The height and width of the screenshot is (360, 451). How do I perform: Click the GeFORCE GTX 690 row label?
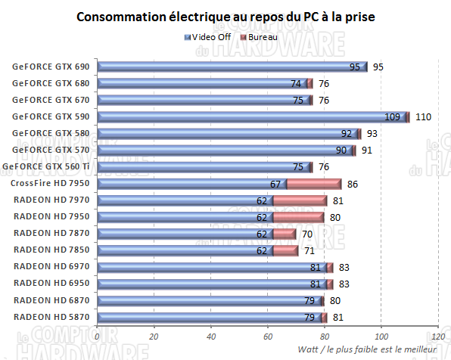click(x=50, y=67)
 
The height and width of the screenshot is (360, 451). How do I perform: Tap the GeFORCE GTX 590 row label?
click(x=50, y=116)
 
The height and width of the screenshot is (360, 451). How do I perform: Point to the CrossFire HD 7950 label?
click(x=50, y=183)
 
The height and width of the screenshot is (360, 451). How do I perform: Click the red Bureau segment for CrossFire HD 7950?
click(x=314, y=184)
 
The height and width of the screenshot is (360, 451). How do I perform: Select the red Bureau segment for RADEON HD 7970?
click(x=300, y=200)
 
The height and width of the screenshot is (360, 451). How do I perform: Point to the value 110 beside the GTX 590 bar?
click(x=424, y=117)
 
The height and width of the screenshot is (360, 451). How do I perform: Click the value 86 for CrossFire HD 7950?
click(x=353, y=184)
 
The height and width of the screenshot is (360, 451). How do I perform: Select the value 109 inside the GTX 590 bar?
click(x=392, y=117)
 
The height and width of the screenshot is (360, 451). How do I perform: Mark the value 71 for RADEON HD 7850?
click(x=310, y=250)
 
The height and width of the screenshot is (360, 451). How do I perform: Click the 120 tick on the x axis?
click(x=437, y=337)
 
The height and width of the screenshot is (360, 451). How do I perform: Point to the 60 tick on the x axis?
click(x=267, y=337)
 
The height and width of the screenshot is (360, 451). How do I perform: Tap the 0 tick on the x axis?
click(x=98, y=337)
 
